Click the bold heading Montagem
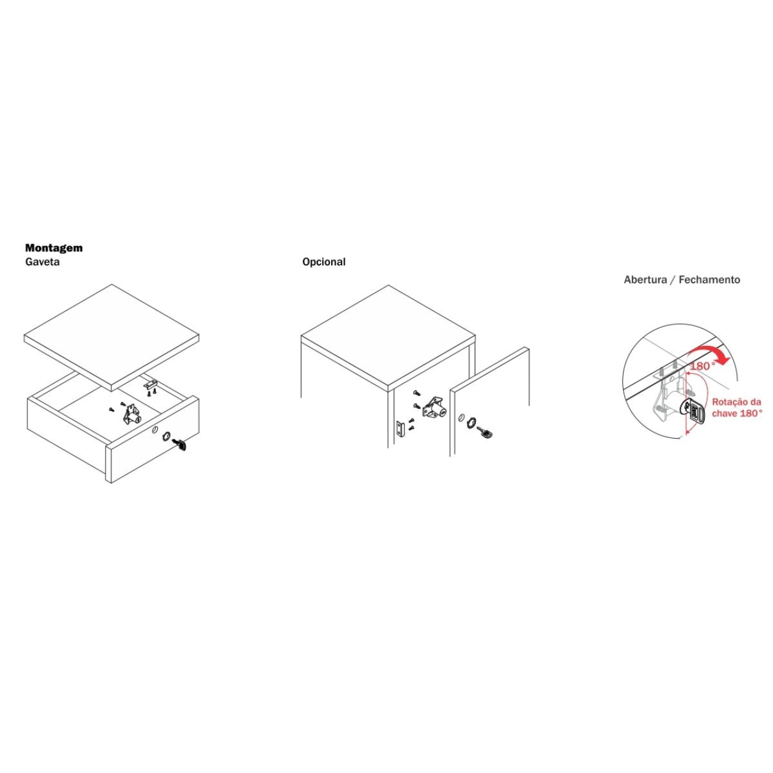pyautogui.click(x=53, y=248)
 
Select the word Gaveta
pyautogui.click(x=42, y=262)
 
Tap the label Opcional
pyautogui.click(x=324, y=262)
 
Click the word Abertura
pyautogui.click(x=644, y=280)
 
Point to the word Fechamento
pyautogui.click(x=709, y=280)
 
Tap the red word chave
pyautogui.click(x=724, y=413)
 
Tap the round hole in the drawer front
pyautogui.click(x=154, y=430)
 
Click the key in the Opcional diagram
pyautogui.click(x=486, y=432)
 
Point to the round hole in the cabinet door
pyautogui.click(x=461, y=417)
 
